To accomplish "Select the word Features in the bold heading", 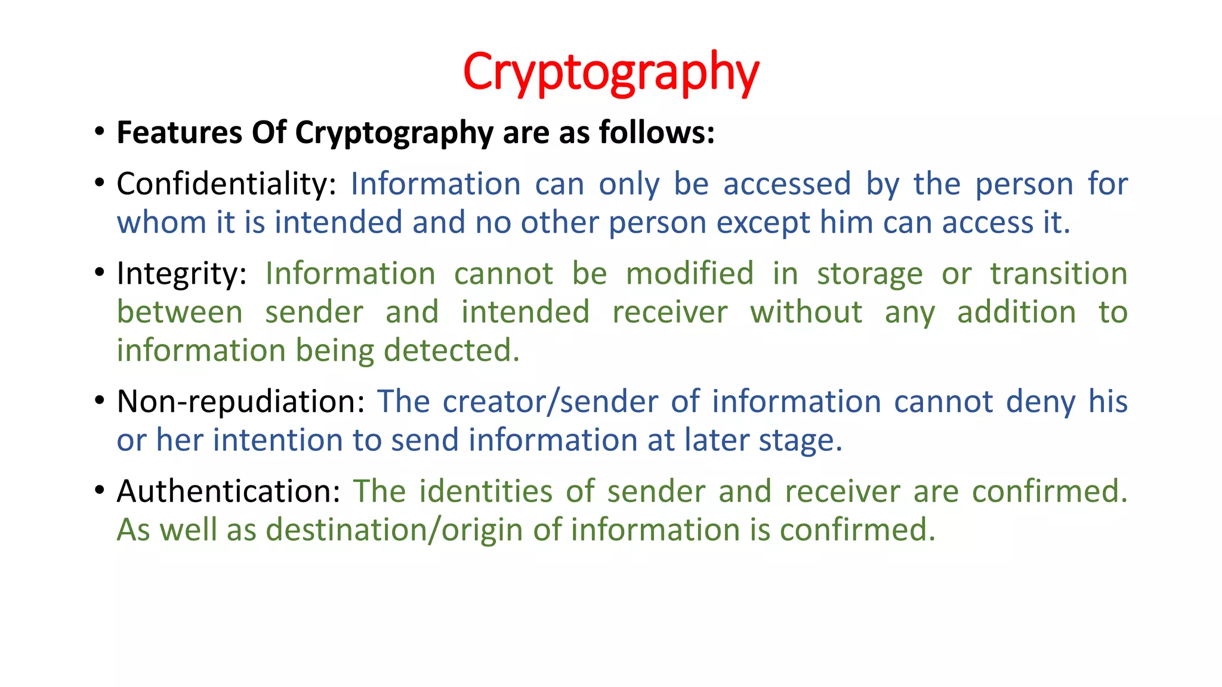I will click(x=179, y=132).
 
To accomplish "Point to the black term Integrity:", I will click(x=181, y=274).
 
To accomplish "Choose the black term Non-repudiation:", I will click(x=240, y=401).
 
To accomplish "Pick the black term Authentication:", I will click(x=229, y=491).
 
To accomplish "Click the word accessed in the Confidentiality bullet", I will click(x=787, y=184).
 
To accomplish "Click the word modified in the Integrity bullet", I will click(x=690, y=274).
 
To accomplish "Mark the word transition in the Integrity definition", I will click(x=1059, y=274).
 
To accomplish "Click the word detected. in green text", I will click(x=452, y=351).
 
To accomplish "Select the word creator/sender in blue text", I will click(x=550, y=401).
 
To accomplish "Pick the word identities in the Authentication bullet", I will click(x=486, y=491).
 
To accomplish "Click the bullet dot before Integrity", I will click(x=100, y=273).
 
